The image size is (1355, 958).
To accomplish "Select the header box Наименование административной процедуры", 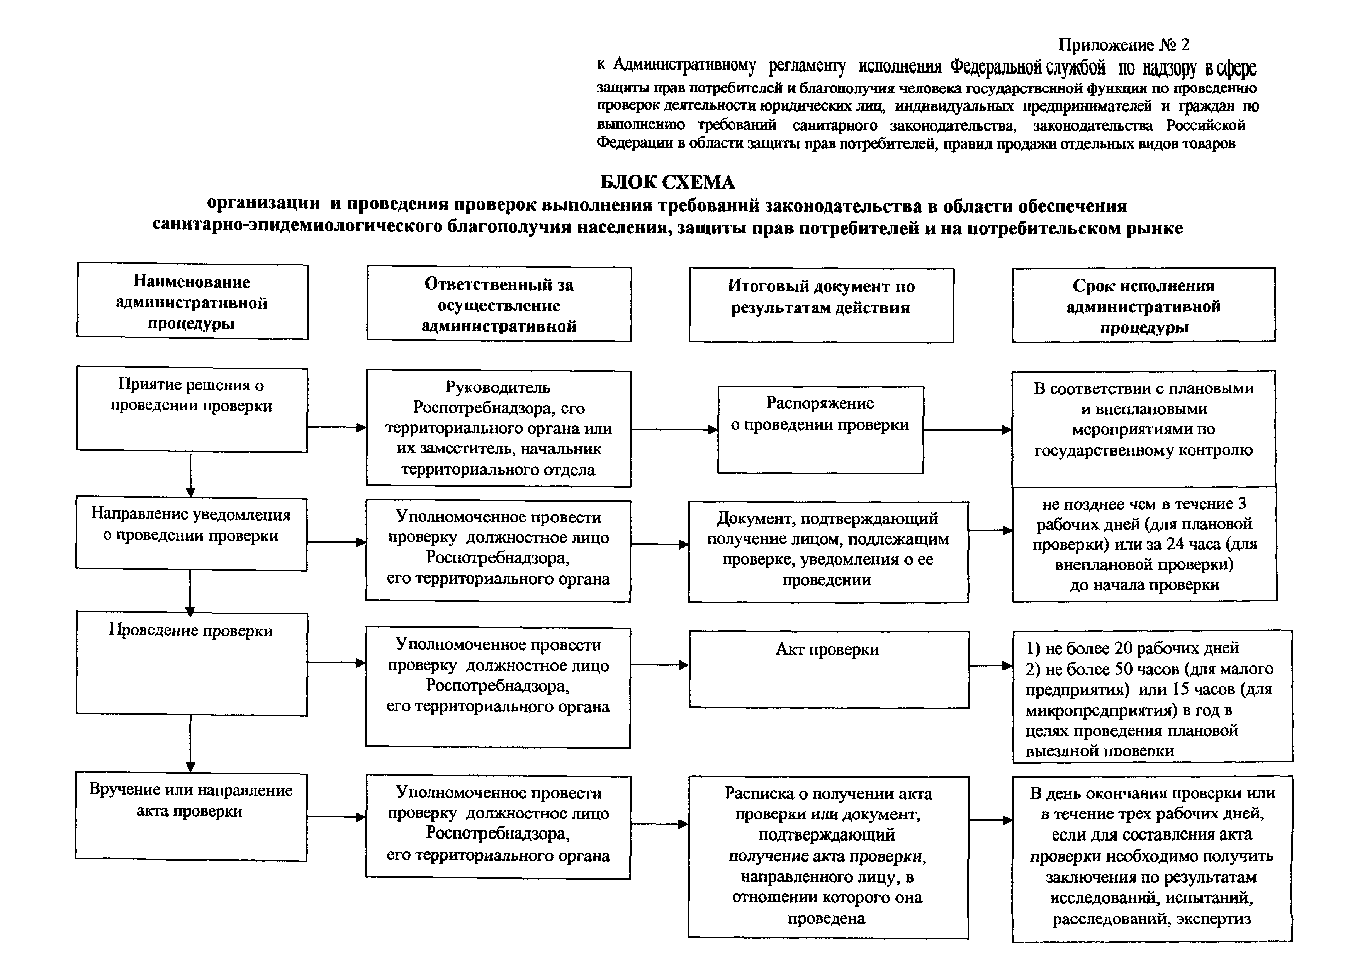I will click(x=192, y=302).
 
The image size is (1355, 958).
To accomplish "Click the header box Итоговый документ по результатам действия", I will click(x=821, y=305).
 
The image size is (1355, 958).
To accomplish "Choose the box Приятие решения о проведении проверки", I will click(x=192, y=410).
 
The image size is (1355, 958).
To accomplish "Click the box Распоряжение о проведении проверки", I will click(x=820, y=429).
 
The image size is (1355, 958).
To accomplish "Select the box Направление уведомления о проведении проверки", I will click(x=191, y=533).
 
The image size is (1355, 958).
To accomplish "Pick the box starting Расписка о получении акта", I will click(x=828, y=856).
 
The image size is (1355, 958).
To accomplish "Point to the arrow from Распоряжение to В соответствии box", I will click(x=968, y=430).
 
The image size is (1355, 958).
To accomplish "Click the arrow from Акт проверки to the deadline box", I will click(x=991, y=666).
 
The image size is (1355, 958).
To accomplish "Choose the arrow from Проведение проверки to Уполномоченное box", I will click(x=336, y=662).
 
